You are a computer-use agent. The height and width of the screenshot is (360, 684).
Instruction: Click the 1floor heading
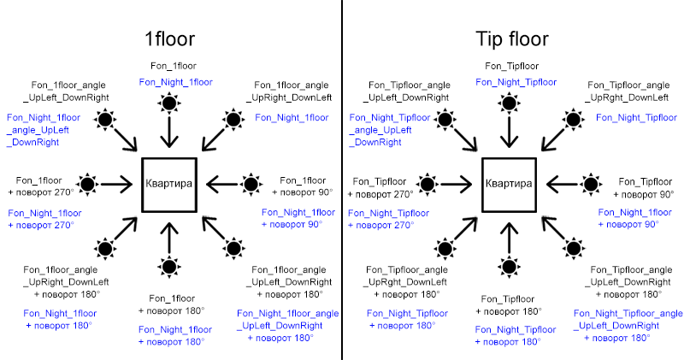[169, 38]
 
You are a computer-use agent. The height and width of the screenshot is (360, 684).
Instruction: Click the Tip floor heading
[511, 39]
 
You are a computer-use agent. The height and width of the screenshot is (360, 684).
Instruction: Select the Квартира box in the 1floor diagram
[169, 185]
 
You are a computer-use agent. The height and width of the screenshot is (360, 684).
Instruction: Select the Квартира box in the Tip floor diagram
[509, 185]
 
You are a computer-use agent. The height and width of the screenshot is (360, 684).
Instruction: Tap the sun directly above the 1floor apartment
[169, 103]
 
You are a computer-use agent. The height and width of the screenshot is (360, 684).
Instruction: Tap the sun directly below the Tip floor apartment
[509, 267]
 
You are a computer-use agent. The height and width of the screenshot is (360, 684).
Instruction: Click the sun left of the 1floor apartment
[88, 184]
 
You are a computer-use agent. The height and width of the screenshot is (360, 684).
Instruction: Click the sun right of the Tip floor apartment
[591, 184]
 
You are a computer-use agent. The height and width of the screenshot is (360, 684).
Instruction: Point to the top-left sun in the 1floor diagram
[105, 119]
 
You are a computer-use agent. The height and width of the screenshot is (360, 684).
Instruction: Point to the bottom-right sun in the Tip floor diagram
[574, 249]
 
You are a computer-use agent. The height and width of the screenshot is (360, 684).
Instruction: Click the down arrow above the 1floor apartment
[169, 132]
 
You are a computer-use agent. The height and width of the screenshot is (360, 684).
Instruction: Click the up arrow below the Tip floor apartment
[509, 239]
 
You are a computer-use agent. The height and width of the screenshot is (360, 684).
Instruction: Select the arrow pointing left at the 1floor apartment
[222, 184]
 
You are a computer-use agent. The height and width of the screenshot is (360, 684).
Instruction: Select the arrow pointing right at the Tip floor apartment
[457, 184]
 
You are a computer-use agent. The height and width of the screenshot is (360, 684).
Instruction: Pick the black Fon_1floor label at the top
[174, 66]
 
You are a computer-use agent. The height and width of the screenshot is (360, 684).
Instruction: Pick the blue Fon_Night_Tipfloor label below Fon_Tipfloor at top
[516, 82]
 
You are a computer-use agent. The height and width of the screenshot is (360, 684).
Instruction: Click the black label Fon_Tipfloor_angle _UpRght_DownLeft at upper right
[628, 91]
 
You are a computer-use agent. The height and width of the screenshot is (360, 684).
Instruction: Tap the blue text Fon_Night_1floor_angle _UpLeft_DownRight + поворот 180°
[288, 326]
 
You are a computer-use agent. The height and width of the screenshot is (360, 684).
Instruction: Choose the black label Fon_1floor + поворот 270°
[40, 186]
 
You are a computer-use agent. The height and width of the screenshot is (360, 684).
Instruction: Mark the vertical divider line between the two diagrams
[342, 180]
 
